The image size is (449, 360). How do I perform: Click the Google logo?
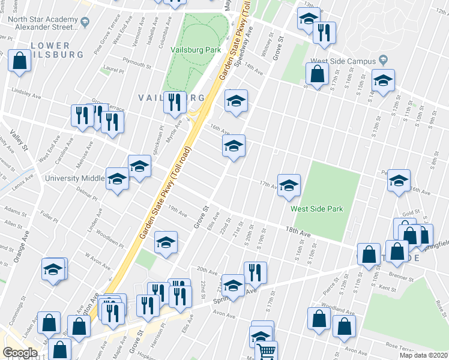click(x=20, y=353)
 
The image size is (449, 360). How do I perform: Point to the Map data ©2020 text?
click(x=424, y=355)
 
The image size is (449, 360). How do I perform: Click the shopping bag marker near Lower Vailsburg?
click(x=20, y=61)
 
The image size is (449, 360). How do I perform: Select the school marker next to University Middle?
click(x=117, y=179)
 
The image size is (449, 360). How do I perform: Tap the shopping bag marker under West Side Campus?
click(x=317, y=74)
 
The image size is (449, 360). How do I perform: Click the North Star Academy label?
click(x=44, y=22)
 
